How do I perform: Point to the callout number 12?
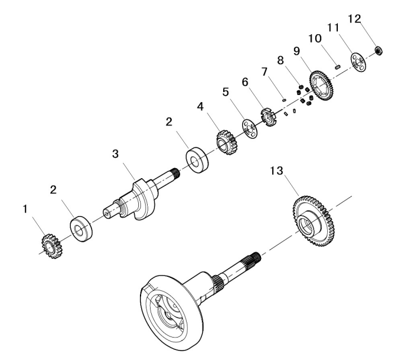point(370,20)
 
